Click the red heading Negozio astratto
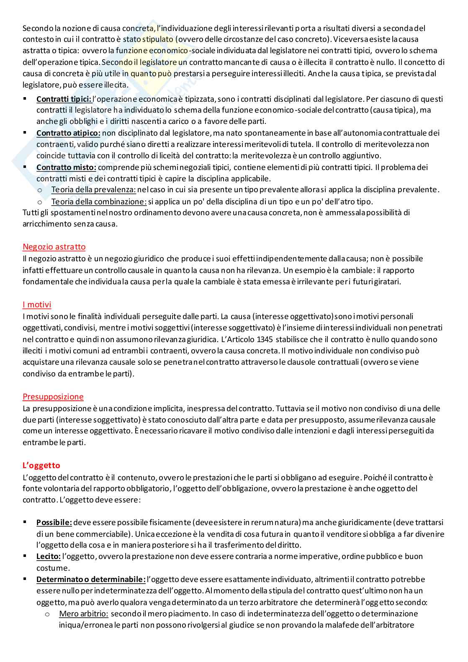tap(54, 247)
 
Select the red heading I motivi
tap(37, 304)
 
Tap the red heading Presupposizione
tap(53, 397)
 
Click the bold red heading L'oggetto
tap(41, 465)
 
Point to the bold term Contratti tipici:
tap(64, 99)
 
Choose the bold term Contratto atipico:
tap(68, 133)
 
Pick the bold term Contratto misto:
tap(66, 167)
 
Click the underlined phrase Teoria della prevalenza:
tap(94, 190)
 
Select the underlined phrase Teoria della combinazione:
tap(99, 201)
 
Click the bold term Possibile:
tap(54, 523)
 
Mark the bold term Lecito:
tap(49, 556)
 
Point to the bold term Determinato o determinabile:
tap(91, 580)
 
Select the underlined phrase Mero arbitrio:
tap(84, 614)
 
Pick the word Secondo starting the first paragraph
tap(36, 28)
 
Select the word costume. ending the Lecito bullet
tap(53, 568)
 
